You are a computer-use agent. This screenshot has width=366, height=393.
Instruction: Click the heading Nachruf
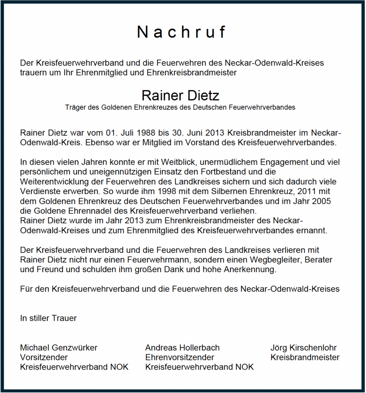[182, 32]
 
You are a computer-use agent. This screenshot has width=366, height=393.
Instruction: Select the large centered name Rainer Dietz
[180, 95]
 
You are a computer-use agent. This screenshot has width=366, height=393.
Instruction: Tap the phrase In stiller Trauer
[48, 318]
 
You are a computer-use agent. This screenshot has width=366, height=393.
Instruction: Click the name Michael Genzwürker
[59, 348]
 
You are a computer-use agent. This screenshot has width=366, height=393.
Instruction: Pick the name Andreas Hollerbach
[182, 348]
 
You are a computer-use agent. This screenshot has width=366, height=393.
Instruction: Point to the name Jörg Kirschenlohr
[303, 348]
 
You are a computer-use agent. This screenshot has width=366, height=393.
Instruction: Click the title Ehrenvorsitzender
[180, 357]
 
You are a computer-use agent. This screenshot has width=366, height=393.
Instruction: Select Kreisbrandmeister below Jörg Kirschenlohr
[305, 357]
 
